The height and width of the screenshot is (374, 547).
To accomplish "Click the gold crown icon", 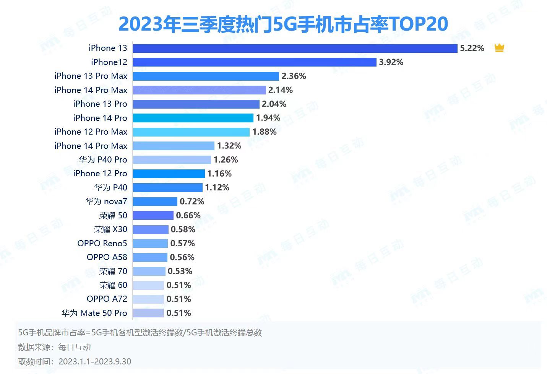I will [499, 48].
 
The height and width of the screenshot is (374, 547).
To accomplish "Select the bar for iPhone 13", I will [295, 48].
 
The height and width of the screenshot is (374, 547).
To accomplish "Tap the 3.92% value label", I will [391, 62].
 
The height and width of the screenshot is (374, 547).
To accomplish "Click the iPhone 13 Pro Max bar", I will [206, 76].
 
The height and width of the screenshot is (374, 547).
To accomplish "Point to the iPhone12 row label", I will [109, 62].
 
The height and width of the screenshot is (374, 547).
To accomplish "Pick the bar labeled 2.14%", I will [199, 90].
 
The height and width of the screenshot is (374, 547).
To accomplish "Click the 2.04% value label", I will [274, 104].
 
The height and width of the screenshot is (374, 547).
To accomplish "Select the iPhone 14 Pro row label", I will [100, 118].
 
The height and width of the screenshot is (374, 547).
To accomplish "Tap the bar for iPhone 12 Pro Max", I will [191, 132].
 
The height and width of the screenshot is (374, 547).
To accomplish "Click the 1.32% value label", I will [229, 146].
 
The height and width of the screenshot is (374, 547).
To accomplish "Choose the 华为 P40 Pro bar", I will [172, 160].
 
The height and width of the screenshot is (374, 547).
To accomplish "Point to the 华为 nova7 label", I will [106, 202].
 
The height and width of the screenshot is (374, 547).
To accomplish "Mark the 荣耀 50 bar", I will [153, 216].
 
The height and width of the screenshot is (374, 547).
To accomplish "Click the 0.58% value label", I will [183, 229].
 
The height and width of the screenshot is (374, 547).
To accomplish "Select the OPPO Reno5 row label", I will [102, 244].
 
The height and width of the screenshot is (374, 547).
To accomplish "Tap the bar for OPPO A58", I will [150, 257].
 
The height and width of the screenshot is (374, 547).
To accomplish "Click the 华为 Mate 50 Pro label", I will [94, 313].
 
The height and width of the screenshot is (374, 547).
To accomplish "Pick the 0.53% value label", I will [180, 272].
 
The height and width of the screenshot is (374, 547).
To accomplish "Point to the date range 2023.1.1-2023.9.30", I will [95, 362].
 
